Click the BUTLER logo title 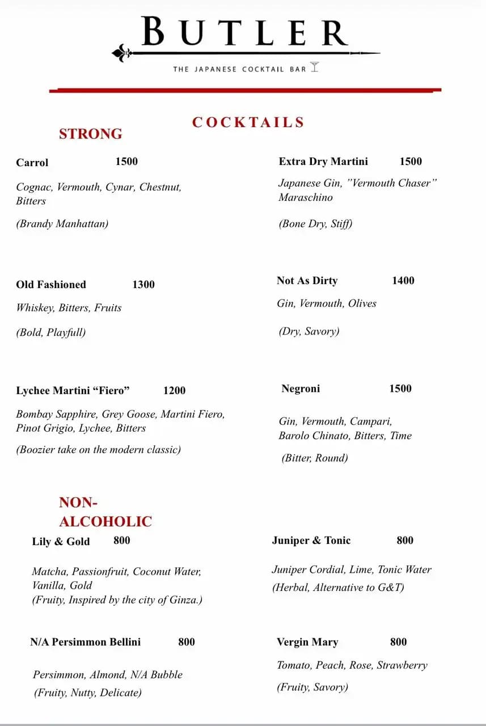pos(244,32)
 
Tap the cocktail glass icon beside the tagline pos(315,67)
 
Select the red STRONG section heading pos(91,134)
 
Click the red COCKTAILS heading pos(248,123)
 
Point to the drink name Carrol pos(32,163)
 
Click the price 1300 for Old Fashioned pos(143,285)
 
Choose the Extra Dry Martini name pos(323,162)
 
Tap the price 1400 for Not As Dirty pos(403,281)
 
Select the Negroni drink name pos(301,389)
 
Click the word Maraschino pos(306,198)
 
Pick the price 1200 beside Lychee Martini pos(174,391)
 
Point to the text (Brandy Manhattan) pos(62,223)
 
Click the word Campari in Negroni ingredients pos(371,421)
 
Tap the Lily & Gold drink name pos(61,542)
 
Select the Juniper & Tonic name pos(311,541)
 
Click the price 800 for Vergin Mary pos(399,642)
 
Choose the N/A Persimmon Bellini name pos(86,642)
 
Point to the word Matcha pos(49,572)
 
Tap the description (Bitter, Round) pos(315,458)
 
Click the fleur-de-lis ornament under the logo pos(121,53)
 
